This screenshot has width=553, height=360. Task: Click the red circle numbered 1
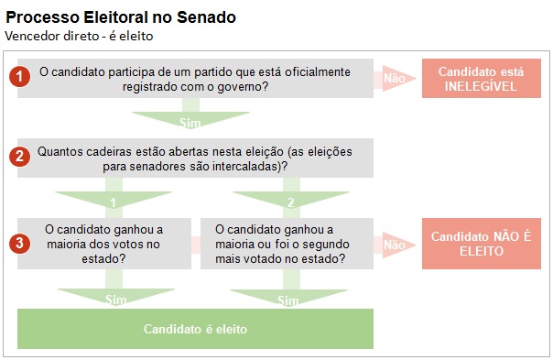(20, 78)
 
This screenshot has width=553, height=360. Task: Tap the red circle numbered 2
(20, 157)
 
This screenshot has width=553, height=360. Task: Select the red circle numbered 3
(20, 244)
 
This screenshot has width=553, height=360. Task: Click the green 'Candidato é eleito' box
(195, 328)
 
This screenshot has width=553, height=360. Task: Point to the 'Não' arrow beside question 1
(395, 79)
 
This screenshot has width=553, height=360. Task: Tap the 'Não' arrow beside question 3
(395, 245)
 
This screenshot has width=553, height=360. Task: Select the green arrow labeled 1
(114, 201)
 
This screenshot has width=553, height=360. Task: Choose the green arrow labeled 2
(290, 201)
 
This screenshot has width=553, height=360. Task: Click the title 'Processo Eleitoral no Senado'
(120, 17)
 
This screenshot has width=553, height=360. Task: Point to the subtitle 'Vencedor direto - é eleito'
(79, 36)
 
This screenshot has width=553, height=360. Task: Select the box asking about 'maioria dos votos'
(103, 244)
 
